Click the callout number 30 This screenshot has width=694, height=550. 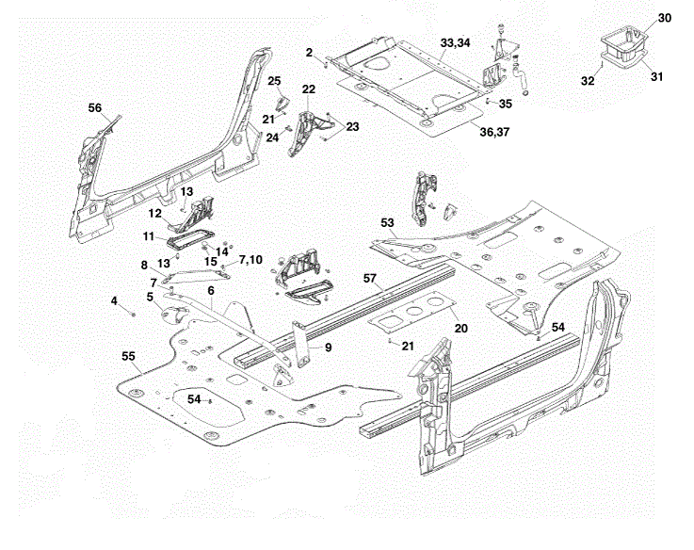point(665,18)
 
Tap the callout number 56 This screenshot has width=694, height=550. point(95,108)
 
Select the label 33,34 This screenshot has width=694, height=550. point(455,43)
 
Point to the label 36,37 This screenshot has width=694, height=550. point(494,132)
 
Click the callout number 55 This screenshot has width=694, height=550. point(128,356)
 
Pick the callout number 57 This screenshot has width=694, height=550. point(369,278)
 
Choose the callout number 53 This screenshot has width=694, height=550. point(387,223)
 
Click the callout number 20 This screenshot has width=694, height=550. point(460,328)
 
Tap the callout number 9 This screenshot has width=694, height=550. point(328,348)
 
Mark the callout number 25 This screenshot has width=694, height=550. point(274,81)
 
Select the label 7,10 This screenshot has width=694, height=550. point(250,260)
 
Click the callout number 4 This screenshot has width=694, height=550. point(114,301)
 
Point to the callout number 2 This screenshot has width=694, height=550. point(309,53)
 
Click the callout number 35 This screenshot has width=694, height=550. point(505,104)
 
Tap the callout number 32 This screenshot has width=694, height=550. point(588,81)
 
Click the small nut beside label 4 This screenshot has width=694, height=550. point(133,315)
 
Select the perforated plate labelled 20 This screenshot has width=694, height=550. point(412,312)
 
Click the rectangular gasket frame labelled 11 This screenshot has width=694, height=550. point(190,239)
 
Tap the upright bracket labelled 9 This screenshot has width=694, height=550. point(300,345)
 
